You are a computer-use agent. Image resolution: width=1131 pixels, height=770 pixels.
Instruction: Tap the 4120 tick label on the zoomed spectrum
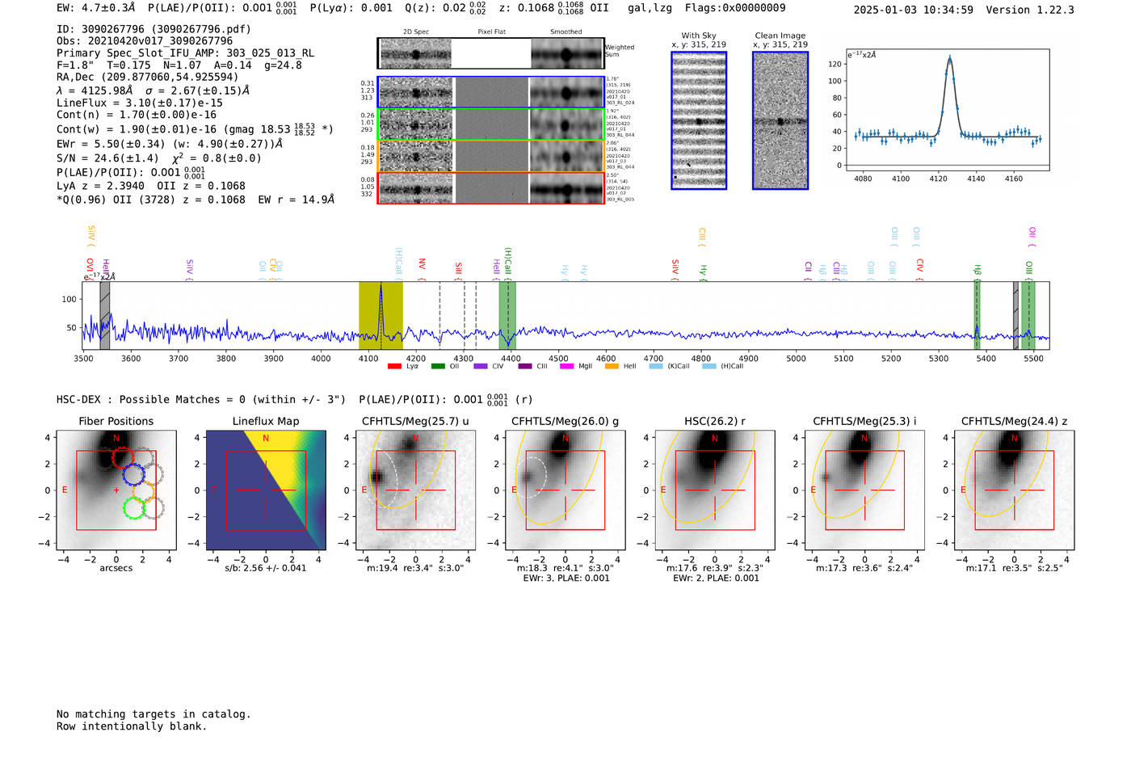point(938,179)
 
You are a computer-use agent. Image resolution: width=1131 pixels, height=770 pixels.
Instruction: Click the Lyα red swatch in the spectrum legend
point(394,366)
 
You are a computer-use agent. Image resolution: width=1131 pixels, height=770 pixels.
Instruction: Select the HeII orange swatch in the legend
point(612,366)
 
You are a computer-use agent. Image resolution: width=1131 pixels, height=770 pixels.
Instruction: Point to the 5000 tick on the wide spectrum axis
point(796,358)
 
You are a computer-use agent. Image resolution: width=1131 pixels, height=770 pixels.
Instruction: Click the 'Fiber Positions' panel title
point(116,421)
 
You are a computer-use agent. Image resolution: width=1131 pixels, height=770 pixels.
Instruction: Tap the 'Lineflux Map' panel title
point(265,421)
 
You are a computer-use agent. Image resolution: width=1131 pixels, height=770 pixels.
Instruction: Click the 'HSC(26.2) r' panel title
point(714,421)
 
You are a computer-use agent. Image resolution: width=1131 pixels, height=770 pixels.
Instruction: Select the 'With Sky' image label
point(699,36)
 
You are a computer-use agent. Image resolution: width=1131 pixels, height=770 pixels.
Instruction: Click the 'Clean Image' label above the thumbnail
point(780,36)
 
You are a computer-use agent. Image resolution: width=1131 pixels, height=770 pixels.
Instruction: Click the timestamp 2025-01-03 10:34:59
point(913,10)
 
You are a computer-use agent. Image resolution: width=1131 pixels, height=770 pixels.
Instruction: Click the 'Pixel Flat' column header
point(491,32)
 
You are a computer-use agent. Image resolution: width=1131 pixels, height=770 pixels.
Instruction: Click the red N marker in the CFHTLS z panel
point(1014,438)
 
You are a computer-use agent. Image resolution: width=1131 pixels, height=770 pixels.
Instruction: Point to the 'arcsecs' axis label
point(116,568)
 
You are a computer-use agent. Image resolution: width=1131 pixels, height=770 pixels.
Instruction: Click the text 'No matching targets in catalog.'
point(153,714)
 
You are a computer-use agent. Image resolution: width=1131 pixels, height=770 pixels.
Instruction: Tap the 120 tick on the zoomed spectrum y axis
point(835,64)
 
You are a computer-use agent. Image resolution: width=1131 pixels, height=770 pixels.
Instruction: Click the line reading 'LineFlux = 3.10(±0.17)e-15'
point(139,103)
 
